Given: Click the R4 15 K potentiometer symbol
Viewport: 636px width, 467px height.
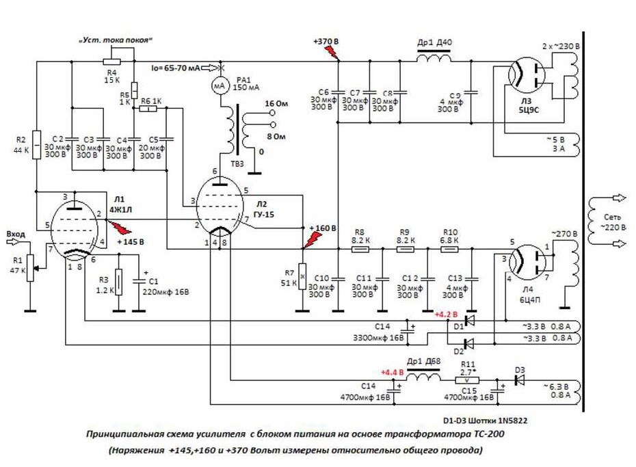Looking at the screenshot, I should [112, 61].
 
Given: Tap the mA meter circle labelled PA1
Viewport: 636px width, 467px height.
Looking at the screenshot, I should [220, 86].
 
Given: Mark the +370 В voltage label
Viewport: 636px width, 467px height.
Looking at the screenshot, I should [326, 42].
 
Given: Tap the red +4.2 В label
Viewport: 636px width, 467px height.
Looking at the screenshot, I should [446, 315].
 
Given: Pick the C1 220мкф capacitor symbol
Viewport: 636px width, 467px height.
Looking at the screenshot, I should [140, 280].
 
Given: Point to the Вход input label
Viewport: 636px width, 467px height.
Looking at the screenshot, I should [15, 234].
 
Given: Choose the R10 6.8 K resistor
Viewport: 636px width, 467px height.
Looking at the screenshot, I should [449, 250].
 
